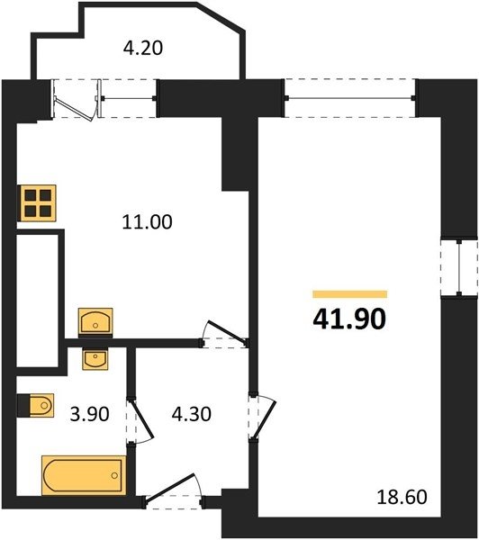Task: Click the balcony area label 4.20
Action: coord(142,48)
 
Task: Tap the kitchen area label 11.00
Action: coord(147,221)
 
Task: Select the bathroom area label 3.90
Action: coord(90,414)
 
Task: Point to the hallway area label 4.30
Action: coord(192,414)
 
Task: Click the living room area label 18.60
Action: coord(402,497)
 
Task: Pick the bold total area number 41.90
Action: coord(349,319)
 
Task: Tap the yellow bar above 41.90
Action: coord(349,294)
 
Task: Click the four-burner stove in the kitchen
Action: coord(38,203)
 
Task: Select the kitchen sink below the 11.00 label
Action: coord(95,321)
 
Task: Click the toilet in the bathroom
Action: coord(36,405)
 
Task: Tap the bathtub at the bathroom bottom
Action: coord(84,475)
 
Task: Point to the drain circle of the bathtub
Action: coord(114,475)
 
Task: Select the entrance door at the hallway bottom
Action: coord(171,490)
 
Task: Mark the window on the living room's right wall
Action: coord(459,268)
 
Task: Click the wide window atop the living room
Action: coord(350,98)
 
